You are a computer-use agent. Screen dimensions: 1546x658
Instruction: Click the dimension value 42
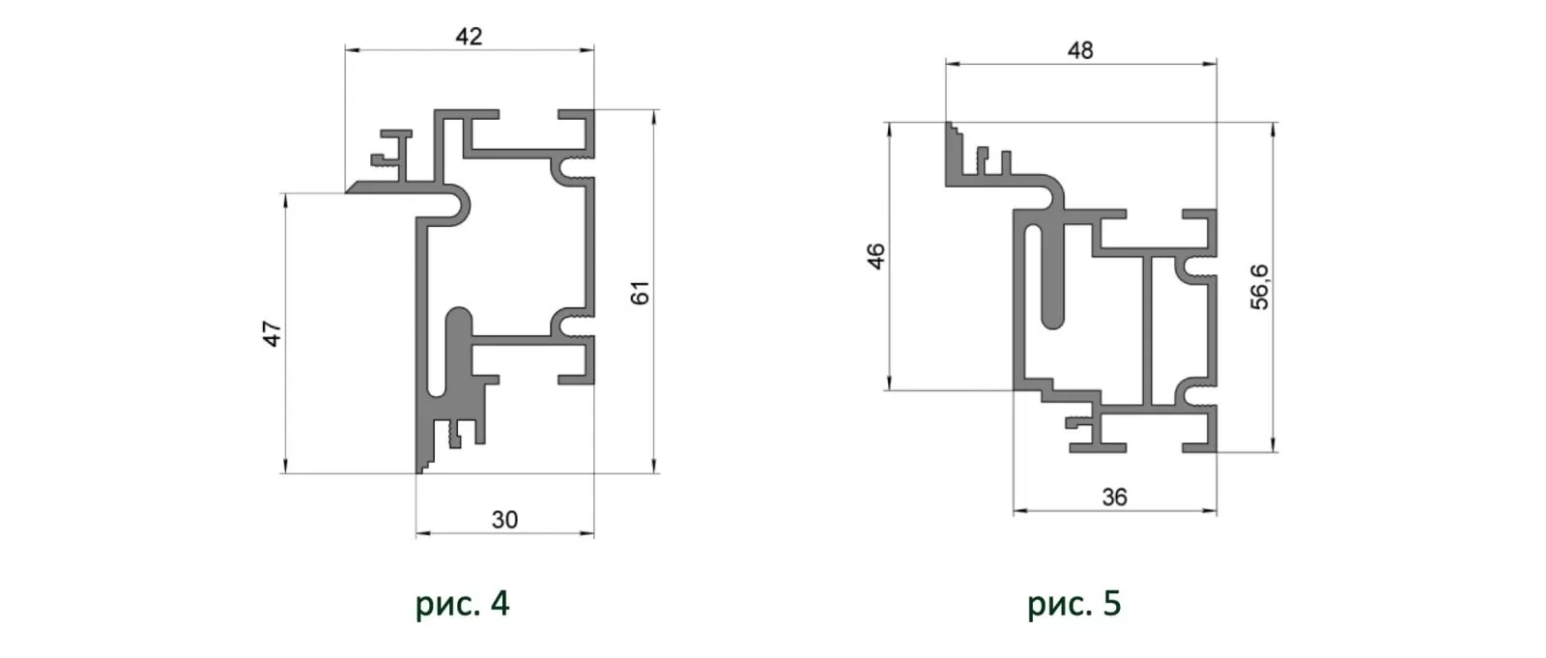pyautogui.click(x=469, y=37)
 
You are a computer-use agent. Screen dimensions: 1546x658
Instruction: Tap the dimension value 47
pyautogui.click(x=272, y=333)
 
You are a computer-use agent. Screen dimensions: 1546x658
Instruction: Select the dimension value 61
pyautogui.click(x=640, y=293)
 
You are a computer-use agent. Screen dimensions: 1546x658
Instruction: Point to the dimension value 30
pyautogui.click(x=504, y=519)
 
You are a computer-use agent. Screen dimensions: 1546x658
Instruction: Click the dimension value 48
pyautogui.click(x=1080, y=50)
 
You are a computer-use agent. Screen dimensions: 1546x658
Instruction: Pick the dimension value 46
pyautogui.click(x=875, y=256)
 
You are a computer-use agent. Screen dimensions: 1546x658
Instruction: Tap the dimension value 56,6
pyautogui.click(x=1260, y=287)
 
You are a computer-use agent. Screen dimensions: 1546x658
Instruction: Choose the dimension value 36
pyautogui.click(x=1115, y=497)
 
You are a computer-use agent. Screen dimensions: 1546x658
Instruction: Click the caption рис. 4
pyautogui.click(x=463, y=603)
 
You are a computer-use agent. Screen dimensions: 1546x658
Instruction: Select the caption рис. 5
pyautogui.click(x=1074, y=603)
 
